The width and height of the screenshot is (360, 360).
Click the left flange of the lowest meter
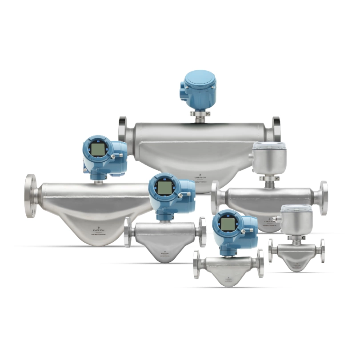pyautogui.click(x=196, y=264)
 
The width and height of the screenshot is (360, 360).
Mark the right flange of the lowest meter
pyautogui.click(x=260, y=263)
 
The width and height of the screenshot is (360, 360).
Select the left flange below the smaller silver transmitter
pyautogui.click(x=271, y=250)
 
